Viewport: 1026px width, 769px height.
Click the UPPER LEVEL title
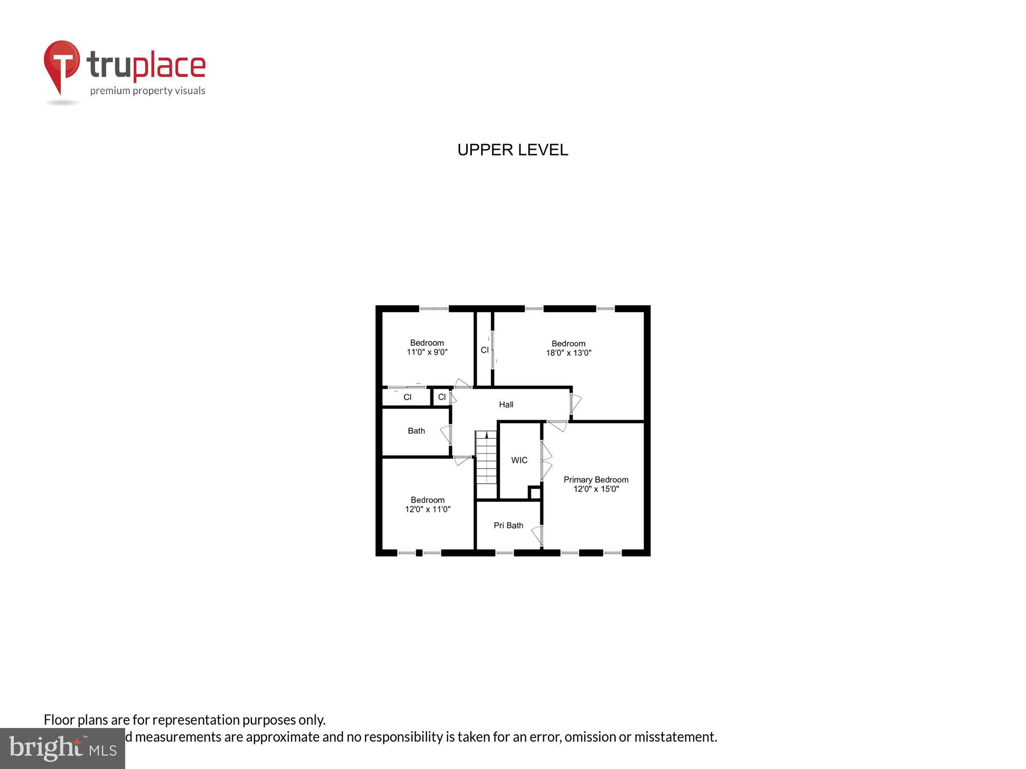[x=512, y=150]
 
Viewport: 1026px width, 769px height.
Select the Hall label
[x=506, y=404]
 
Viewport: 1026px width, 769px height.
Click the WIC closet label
[x=519, y=460]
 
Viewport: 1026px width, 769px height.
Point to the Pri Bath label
[x=508, y=525]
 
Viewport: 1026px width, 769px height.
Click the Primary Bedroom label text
[x=596, y=480]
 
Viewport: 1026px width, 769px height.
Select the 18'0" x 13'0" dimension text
[x=568, y=353]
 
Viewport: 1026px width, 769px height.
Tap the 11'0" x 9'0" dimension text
[x=427, y=352]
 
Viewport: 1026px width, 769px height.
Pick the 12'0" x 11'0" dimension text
[x=427, y=509]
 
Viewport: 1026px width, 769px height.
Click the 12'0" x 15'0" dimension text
[x=596, y=489]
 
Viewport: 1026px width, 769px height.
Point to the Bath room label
[x=416, y=431]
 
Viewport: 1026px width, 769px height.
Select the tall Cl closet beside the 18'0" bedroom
[x=484, y=350]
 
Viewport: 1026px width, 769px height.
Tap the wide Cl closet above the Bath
[x=407, y=397]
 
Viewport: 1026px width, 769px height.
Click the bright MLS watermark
[x=63, y=748]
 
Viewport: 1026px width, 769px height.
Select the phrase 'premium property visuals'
[x=148, y=91]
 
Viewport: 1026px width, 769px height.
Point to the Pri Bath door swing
[x=537, y=535]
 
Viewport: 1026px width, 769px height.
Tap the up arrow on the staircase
[x=486, y=435]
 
